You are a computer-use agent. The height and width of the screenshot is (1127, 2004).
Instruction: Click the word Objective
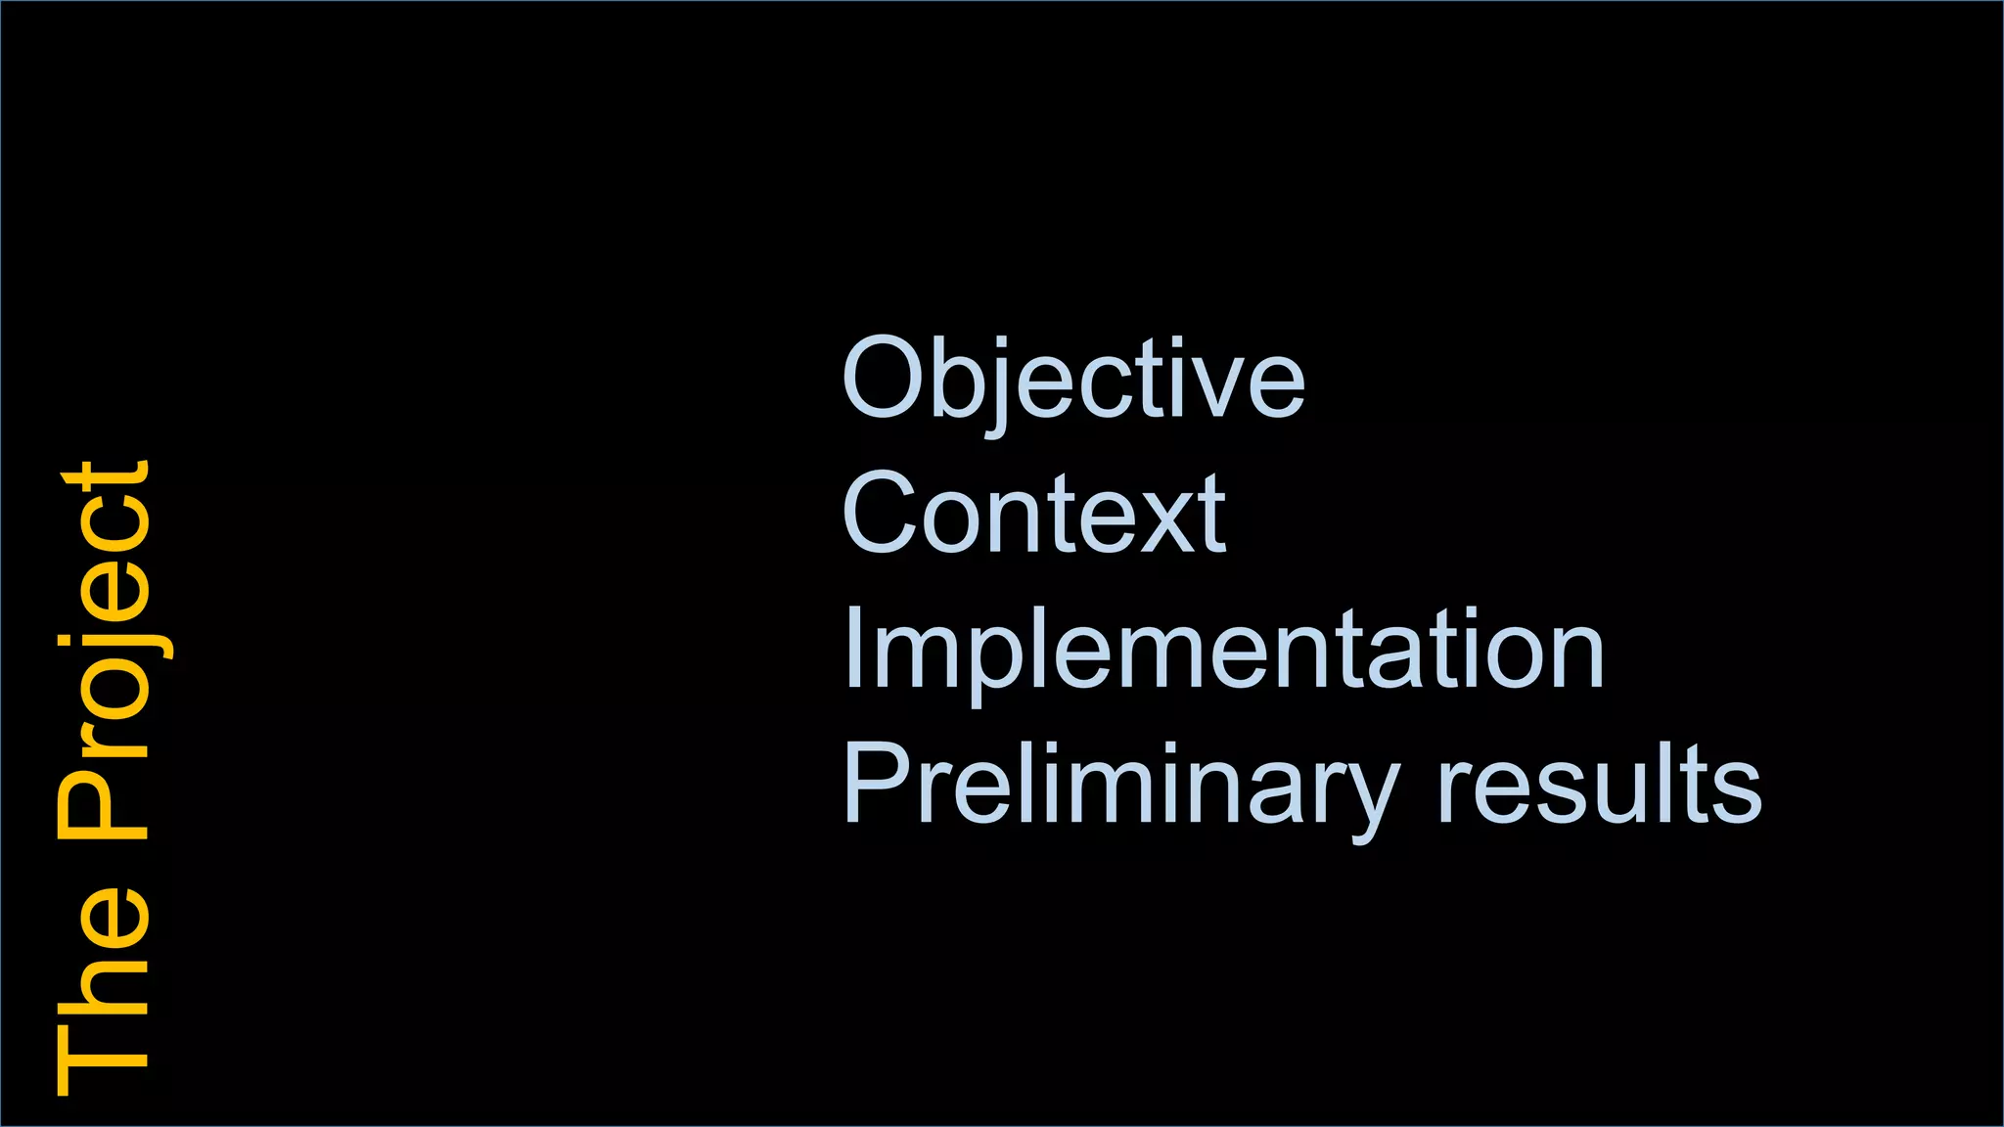[x=1073, y=381]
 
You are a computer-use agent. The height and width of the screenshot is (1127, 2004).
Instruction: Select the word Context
[x=1033, y=514]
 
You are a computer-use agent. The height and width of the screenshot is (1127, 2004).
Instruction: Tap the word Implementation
[x=1223, y=650]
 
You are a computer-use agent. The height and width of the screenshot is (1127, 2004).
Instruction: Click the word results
[x=1599, y=783]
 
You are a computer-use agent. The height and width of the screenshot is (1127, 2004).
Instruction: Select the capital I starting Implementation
[x=851, y=648]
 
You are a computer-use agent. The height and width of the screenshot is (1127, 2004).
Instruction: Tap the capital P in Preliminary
[x=876, y=783]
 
